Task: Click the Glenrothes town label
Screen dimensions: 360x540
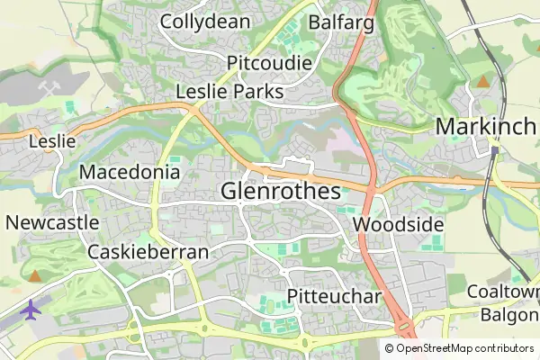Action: tap(281, 192)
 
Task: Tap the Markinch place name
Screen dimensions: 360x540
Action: tap(485, 127)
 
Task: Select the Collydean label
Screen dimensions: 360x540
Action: tap(205, 22)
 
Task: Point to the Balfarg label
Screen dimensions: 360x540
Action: tap(341, 22)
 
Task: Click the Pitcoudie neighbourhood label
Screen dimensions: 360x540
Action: tap(270, 63)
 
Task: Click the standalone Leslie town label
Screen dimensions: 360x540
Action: tap(46, 141)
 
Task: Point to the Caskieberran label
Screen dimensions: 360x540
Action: tap(148, 252)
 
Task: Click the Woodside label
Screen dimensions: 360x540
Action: tap(399, 224)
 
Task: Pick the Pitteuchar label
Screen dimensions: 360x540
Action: tap(335, 297)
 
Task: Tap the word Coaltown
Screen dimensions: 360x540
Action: tap(503, 292)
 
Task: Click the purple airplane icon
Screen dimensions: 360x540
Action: tap(31, 310)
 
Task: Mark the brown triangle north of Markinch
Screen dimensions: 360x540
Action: tap(483, 82)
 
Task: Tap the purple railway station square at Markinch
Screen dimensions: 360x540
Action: tap(494, 149)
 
